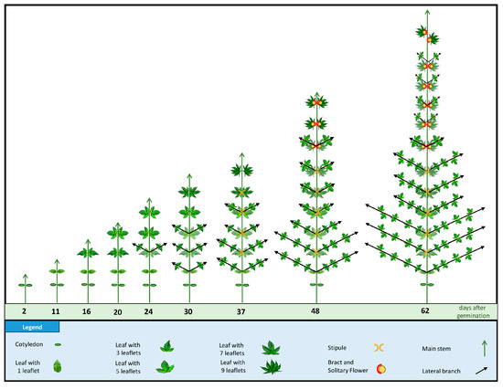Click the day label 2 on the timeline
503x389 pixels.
[x=24, y=311]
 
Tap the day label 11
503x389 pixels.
[x=56, y=311]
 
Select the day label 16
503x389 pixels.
[x=86, y=311]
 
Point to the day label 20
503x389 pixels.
[x=117, y=311]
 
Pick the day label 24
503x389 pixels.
[x=148, y=311]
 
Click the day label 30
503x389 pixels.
[x=188, y=311]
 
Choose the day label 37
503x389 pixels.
[x=241, y=311]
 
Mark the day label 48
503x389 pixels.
[x=316, y=310]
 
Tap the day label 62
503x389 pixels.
[x=425, y=310]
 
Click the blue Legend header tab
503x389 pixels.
[x=32, y=327]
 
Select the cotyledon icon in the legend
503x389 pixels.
[x=58, y=345]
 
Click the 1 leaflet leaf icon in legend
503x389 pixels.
[x=58, y=366]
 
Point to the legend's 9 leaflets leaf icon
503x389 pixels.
[x=272, y=367]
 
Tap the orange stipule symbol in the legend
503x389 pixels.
[x=379, y=347]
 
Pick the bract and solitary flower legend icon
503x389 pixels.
[x=381, y=369]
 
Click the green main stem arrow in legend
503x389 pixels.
[x=485, y=349]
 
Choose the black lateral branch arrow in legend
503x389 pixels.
[x=481, y=371]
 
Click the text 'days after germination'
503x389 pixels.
[x=473, y=311]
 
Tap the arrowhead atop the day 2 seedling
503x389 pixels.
[x=26, y=276]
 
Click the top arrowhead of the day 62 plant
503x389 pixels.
[x=427, y=12]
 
